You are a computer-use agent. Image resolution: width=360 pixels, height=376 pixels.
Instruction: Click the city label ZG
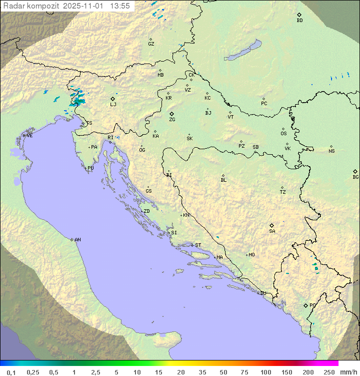point(172,120)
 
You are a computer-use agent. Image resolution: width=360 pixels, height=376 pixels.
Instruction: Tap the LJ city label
point(113,105)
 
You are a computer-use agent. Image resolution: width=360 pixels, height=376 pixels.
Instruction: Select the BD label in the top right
point(299,21)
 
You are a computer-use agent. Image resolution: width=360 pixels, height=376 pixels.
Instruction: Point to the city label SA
point(272,231)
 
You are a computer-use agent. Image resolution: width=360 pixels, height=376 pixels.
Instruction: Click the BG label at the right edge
point(355,177)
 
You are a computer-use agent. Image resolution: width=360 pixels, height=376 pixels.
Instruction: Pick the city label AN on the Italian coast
point(77,240)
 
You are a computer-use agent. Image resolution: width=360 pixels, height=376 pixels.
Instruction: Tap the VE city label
point(29,136)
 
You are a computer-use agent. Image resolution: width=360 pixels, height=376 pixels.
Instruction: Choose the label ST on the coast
point(198,245)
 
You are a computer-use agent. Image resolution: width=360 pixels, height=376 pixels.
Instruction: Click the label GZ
point(151,44)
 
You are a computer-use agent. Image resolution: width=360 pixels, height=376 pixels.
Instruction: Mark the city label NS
point(331,151)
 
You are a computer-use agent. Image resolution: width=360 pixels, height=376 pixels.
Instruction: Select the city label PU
point(90,168)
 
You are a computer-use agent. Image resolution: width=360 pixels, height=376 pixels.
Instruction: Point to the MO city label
point(251,255)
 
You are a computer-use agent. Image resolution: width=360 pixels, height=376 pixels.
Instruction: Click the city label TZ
point(283,192)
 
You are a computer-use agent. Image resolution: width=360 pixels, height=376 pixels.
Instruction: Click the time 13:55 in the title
point(120,6)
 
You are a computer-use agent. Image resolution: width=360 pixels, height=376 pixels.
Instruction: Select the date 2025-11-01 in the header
point(85,6)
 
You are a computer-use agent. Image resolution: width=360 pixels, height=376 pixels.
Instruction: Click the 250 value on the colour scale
point(328,372)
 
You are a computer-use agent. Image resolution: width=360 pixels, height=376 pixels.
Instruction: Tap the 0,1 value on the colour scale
point(11,372)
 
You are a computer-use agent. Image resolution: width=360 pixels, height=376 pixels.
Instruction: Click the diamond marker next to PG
point(305,305)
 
